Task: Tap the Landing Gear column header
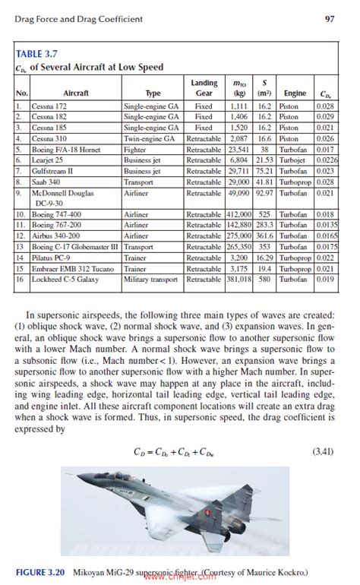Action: pos(204,88)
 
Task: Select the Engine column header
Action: pos(295,93)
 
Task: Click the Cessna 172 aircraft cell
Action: pos(49,107)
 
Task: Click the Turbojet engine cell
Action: pos(293,161)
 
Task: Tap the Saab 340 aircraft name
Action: pos(46,182)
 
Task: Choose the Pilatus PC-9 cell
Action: pos(52,258)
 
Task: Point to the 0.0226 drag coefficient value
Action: pos(324,161)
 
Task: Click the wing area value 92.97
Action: pos(264,194)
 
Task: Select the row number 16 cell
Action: pos(21,280)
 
